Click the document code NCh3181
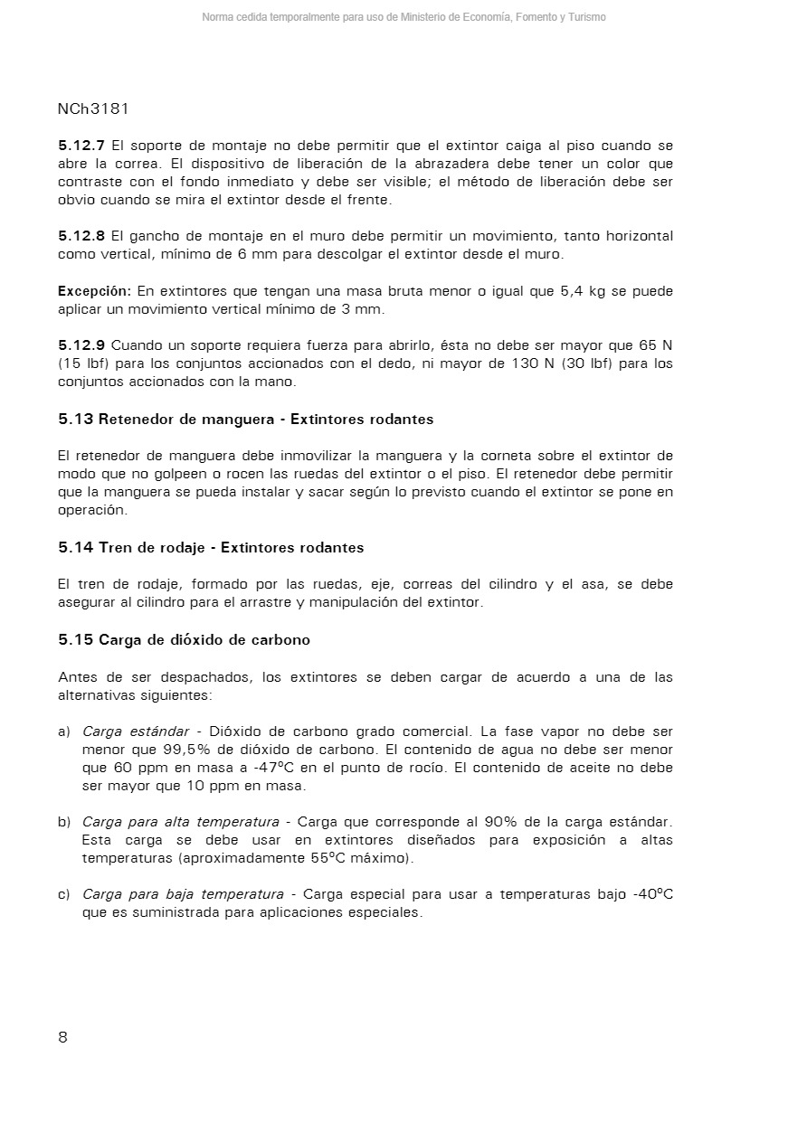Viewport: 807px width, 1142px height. click(x=93, y=109)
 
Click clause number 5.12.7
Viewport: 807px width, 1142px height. click(x=81, y=146)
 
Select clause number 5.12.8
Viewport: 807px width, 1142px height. click(x=81, y=236)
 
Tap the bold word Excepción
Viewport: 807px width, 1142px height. click(x=94, y=291)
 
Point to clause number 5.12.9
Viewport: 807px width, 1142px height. click(x=81, y=345)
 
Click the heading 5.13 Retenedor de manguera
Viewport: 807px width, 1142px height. click(x=245, y=420)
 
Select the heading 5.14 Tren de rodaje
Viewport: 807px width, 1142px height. click(x=211, y=548)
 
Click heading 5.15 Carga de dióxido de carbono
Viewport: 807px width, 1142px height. click(x=184, y=640)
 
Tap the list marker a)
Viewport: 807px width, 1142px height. click(x=64, y=731)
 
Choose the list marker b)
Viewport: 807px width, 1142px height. click(x=64, y=822)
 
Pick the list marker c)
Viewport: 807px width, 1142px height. click(x=64, y=894)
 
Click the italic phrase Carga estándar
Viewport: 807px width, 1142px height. click(x=136, y=731)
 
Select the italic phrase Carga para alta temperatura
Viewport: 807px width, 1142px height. click(x=180, y=822)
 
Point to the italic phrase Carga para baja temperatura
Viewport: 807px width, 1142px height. click(x=183, y=894)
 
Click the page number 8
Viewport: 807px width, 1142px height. click(x=62, y=1037)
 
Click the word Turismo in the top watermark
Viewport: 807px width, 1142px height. click(x=587, y=17)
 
